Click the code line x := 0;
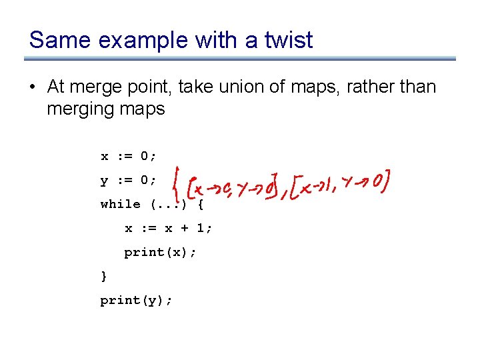coord(129,156)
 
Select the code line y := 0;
coord(129,180)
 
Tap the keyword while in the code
coord(120,204)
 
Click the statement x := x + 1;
coord(169,228)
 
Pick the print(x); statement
coord(161,252)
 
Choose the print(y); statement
coord(137,300)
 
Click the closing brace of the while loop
coord(103,275)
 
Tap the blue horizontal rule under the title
coord(240,59)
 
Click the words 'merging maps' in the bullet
coord(105,108)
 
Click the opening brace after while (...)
coord(201,204)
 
